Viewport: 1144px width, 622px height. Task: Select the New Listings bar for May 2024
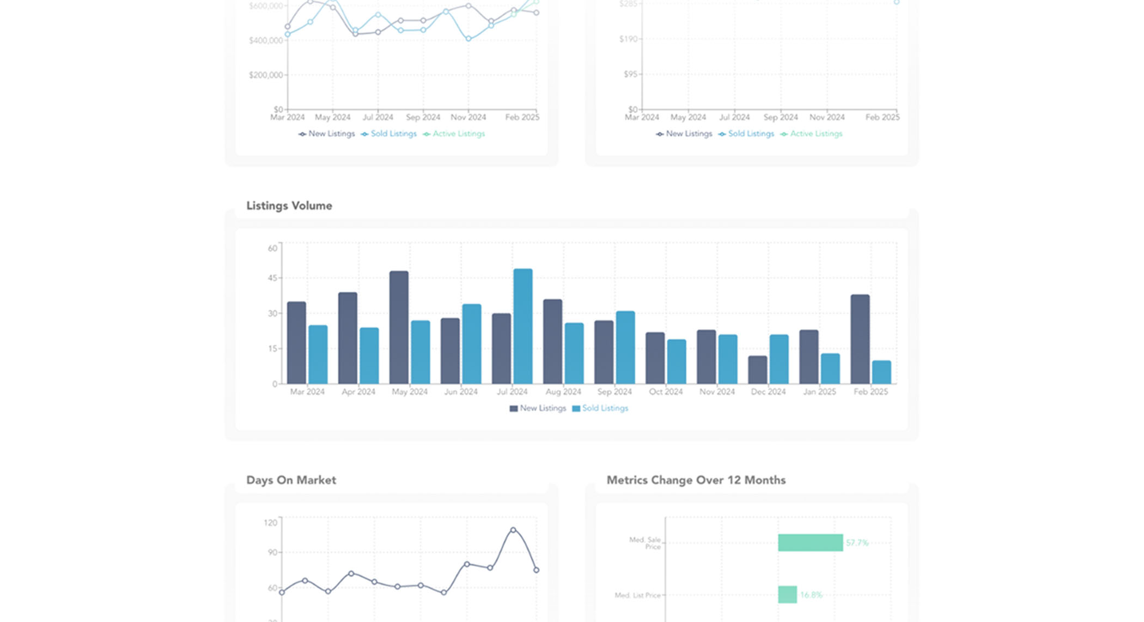[399, 327]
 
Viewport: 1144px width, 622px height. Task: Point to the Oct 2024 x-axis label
[665, 391]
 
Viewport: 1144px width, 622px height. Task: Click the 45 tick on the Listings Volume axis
[272, 278]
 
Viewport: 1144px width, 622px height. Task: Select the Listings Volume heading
[289, 206]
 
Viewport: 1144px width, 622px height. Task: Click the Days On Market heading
[291, 480]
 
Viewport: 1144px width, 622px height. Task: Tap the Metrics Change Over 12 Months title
[696, 480]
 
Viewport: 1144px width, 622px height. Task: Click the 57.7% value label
[857, 543]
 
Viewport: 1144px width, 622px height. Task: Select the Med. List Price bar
[787, 595]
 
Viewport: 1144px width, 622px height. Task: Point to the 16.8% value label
[811, 595]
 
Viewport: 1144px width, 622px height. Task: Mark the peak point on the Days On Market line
[513, 530]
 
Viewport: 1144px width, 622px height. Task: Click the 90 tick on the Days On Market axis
[272, 552]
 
